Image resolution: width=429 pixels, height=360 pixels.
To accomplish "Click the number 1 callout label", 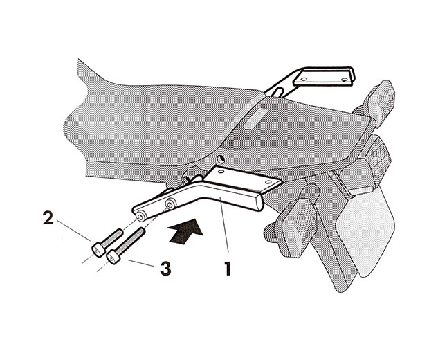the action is pyautogui.click(x=228, y=269).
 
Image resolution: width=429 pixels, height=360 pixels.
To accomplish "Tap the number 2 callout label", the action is pyautogui.click(x=48, y=217).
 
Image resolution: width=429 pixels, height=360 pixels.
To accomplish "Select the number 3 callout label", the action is pyautogui.click(x=165, y=269).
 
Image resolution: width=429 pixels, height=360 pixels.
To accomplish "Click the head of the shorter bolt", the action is pyautogui.click(x=98, y=249).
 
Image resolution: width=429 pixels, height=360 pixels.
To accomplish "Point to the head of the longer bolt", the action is pyautogui.click(x=113, y=257).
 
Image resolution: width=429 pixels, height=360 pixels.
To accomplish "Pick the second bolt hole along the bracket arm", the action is pyautogui.click(x=170, y=204).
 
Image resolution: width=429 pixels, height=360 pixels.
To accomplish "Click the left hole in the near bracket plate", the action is pyautogui.click(x=221, y=172).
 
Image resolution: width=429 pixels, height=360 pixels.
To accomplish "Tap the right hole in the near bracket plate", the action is pyautogui.click(x=268, y=182).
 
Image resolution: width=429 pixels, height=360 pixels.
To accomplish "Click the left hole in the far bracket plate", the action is pyautogui.click(x=304, y=80).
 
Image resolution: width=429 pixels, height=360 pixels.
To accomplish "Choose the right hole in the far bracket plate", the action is pyautogui.click(x=345, y=80).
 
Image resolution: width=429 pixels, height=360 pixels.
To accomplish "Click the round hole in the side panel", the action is pyautogui.click(x=221, y=159).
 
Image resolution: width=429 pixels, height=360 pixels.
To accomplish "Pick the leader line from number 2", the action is pyautogui.click(x=74, y=231).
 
